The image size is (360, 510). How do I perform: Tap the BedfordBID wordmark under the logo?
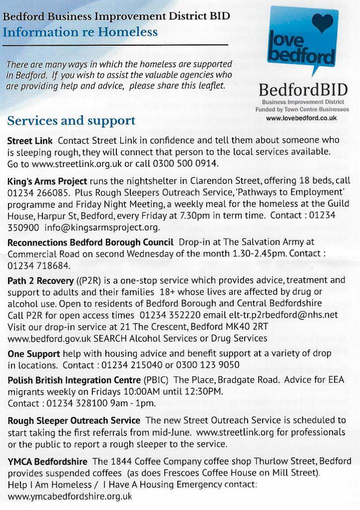[304, 90]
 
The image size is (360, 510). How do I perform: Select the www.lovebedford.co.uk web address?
[301, 118]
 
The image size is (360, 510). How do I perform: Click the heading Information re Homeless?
[80, 33]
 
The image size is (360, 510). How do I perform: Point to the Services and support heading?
[72, 120]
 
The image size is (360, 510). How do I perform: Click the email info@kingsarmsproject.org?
[102, 228]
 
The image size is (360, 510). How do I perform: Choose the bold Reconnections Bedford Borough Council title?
[90, 242]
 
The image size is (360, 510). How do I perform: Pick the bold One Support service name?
[34, 354]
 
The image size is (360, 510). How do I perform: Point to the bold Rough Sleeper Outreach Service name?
[74, 420]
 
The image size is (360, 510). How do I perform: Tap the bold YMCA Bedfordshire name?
[47, 460]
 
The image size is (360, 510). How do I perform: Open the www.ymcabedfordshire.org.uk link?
[70, 496]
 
